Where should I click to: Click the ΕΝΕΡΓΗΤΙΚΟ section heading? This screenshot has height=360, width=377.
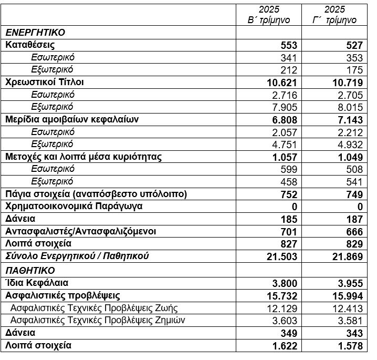[35, 33]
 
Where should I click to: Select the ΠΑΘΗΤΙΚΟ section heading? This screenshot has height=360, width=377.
[30, 270]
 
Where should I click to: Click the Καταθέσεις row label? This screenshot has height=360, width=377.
[30, 45]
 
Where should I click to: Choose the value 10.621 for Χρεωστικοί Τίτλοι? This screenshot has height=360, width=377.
[282, 83]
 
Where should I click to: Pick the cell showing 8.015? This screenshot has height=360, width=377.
[349, 107]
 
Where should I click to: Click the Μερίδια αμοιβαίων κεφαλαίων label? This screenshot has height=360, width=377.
[72, 119]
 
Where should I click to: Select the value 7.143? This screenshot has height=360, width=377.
[349, 120]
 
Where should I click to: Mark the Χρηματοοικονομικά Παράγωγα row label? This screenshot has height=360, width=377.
[74, 206]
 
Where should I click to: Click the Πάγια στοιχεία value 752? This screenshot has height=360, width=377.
[288, 194]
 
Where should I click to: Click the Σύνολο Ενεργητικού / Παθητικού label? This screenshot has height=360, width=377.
[77, 256]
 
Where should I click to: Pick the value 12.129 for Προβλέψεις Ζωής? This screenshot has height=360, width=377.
[282, 308]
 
